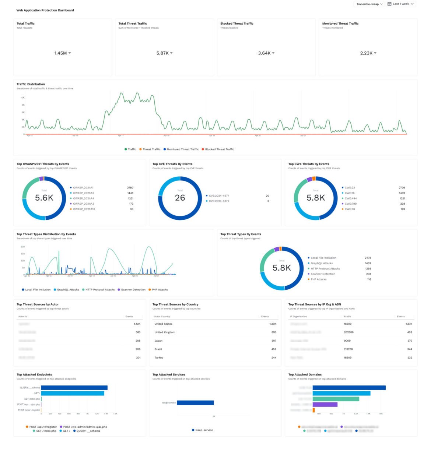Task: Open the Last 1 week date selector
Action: (x=401, y=4)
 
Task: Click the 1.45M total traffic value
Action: (x=60, y=53)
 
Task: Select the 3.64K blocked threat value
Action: (x=264, y=53)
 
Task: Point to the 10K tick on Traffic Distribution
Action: (x=22, y=98)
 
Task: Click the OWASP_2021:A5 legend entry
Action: (x=83, y=193)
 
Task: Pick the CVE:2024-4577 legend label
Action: (x=219, y=196)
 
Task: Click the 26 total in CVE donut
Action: (x=180, y=198)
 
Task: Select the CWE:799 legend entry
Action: (x=350, y=204)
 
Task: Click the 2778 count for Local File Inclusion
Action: (x=368, y=258)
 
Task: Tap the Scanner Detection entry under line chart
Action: (x=133, y=290)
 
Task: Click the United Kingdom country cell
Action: (x=165, y=332)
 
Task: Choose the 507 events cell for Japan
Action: (x=274, y=341)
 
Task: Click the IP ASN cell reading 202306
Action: (x=348, y=332)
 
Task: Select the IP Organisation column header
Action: (x=298, y=317)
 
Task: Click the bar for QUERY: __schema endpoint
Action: (x=74, y=388)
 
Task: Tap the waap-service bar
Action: (x=195, y=403)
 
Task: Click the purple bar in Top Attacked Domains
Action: (x=325, y=405)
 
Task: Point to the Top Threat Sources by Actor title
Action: (x=38, y=304)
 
